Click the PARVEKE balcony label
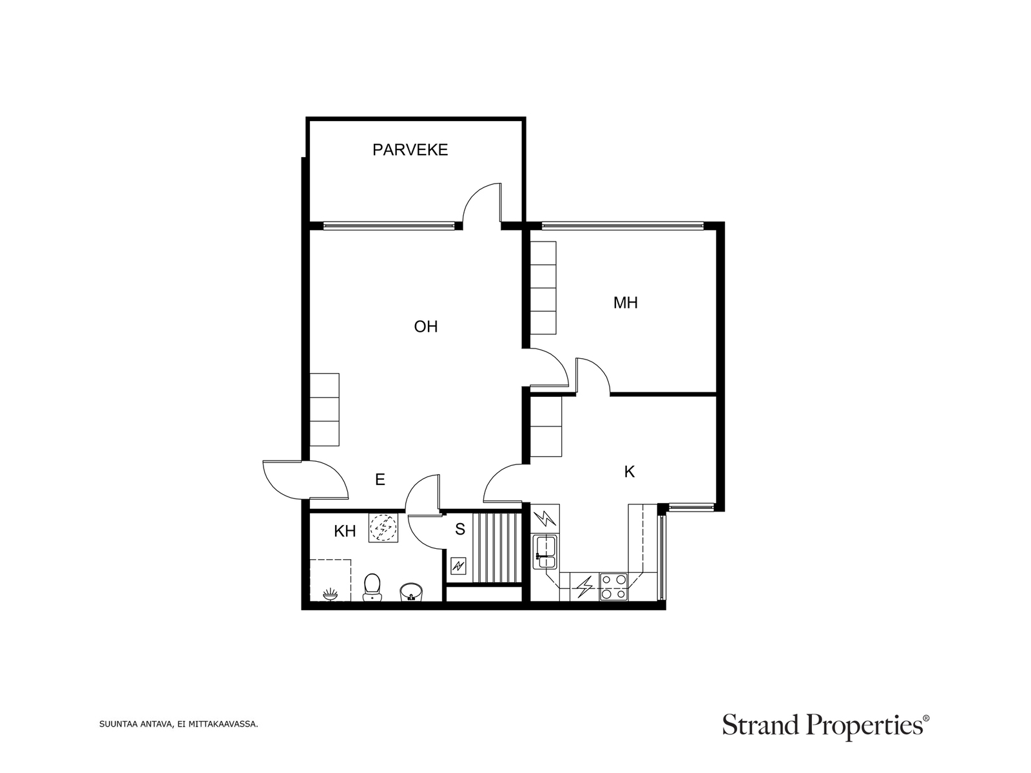pos(410,149)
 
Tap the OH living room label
pos(425,326)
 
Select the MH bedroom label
pos(625,303)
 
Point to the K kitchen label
pos(630,472)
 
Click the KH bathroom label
pos(345,531)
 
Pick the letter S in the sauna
pos(460,529)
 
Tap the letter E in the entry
pos(380,479)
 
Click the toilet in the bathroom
pos(372,587)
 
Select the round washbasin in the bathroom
pos(412,592)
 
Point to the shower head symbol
pos(330,595)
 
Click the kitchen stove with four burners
pos(613,587)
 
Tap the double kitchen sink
pos(545,552)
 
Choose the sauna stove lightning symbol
pos(458,566)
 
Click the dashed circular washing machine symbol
pos(383,528)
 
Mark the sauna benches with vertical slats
pos(497,548)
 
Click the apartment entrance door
pos(305,480)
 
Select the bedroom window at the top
pos(623,225)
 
